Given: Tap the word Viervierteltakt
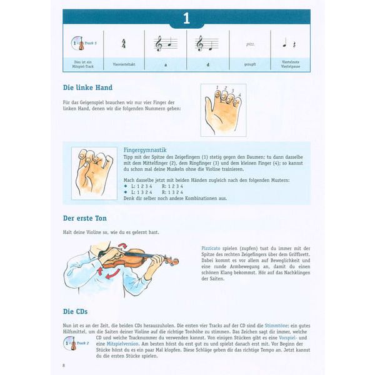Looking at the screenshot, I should pos(124,64).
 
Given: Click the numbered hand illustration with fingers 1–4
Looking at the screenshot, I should pos(223,110).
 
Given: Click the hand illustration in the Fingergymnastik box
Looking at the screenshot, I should pos(94,173).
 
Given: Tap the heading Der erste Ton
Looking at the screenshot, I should pos(85,218).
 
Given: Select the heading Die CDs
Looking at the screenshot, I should pos(76,311).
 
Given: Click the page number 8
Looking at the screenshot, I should pos(64,365).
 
